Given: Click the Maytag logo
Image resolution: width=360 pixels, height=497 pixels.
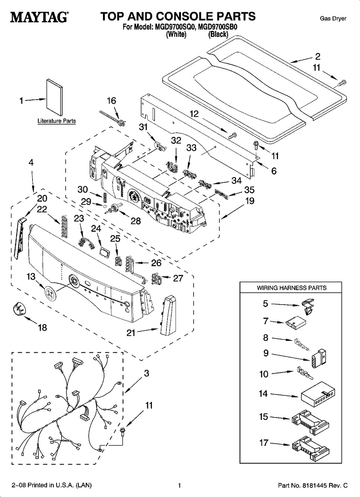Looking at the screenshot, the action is (39, 17).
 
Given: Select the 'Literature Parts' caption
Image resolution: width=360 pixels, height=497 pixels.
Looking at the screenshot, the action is (57, 121).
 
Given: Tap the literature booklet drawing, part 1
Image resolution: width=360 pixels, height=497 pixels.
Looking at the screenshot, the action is (54, 97).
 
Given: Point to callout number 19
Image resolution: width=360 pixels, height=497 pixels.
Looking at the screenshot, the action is (250, 201).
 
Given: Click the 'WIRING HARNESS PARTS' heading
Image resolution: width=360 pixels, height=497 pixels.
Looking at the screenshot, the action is (292, 288).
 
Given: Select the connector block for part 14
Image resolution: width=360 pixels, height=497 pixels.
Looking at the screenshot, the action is (317, 395).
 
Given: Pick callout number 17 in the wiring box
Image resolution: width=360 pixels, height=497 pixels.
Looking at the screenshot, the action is (264, 443).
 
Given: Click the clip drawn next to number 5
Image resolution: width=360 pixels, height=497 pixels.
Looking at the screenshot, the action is (308, 306).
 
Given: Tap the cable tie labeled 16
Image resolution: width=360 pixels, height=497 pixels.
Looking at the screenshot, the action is (113, 117).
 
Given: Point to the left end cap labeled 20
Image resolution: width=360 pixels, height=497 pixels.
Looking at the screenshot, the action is (20, 238).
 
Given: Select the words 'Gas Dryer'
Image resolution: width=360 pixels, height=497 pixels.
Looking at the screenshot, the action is (333, 19).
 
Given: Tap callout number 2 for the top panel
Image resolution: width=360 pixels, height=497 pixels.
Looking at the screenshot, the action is (317, 57).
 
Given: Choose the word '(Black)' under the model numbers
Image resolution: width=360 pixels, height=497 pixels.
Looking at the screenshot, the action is (218, 34).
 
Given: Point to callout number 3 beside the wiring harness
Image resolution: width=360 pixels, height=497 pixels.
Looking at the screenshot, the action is (147, 373).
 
